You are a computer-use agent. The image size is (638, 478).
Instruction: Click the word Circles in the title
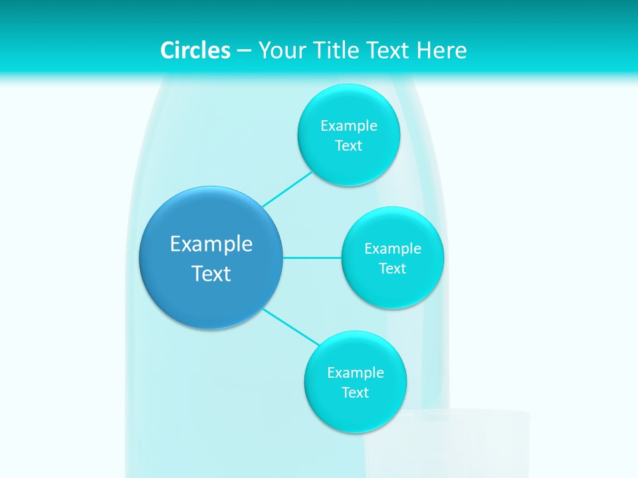coord(195,50)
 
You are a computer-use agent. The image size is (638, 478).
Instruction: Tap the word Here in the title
coord(441,50)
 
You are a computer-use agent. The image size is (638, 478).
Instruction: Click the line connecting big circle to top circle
coord(287,189)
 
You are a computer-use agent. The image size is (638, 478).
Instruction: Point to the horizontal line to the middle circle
coord(312,258)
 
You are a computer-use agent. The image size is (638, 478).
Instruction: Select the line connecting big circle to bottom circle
coord(290,327)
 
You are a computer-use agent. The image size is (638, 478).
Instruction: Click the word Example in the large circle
coord(211,244)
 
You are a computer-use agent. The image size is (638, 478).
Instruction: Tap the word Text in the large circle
coord(211,274)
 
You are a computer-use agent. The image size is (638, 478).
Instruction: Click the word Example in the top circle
coord(349,125)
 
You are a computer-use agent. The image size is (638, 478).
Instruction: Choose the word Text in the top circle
coord(349,145)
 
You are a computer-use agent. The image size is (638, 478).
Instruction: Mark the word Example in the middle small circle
coord(393,248)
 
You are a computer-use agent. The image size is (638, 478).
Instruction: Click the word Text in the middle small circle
coord(393,268)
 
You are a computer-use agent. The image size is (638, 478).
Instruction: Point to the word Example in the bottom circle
coord(356,372)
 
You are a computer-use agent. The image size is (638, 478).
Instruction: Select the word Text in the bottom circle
coord(356,392)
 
